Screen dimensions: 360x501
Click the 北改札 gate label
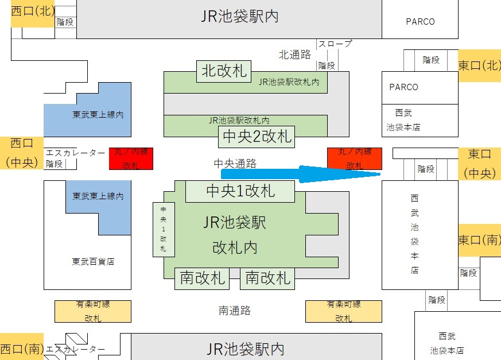point(224,71)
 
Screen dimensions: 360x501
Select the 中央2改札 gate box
point(257,137)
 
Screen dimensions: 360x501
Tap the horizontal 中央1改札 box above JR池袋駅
point(240,191)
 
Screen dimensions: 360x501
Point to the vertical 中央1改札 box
point(164,229)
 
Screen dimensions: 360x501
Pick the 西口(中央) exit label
point(22,153)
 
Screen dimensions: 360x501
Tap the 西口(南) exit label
point(22,348)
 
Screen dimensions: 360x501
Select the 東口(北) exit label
point(479,65)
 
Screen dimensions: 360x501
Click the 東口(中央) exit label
point(479,164)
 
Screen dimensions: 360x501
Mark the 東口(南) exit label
point(479,239)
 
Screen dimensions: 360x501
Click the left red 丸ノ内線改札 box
point(131,158)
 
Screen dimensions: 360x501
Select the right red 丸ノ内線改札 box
point(354,158)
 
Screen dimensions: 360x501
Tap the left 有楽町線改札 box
point(92,311)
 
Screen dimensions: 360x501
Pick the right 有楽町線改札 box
point(343,311)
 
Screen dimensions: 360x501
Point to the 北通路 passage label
point(294,55)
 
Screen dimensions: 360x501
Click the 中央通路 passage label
point(235,164)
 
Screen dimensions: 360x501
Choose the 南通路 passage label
point(235,311)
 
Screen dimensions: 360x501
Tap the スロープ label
point(335,44)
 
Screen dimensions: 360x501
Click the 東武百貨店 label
point(93,261)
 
